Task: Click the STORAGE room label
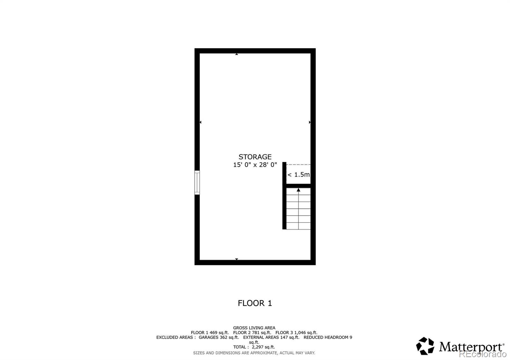255,157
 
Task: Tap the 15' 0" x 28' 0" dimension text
255,165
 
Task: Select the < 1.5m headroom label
298,175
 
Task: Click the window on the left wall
197,183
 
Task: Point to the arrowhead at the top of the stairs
298,190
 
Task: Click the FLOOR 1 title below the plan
255,303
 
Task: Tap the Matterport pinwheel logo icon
425,346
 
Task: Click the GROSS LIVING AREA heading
254,328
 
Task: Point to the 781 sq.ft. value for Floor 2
261,333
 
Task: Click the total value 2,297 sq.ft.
263,347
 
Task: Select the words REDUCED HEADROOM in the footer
325,337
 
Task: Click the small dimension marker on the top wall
237,54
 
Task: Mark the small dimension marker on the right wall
310,122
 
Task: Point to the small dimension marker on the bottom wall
237,259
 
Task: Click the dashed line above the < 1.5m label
298,165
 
